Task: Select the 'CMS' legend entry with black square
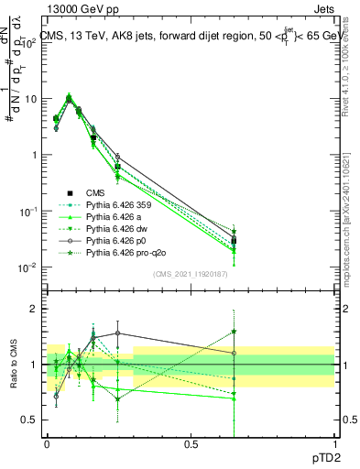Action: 95,193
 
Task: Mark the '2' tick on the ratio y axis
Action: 36,309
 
